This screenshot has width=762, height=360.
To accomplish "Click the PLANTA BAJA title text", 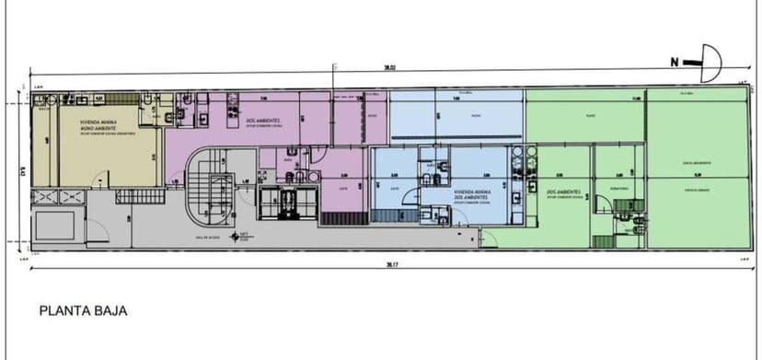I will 83,311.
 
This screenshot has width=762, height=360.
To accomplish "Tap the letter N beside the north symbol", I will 675,63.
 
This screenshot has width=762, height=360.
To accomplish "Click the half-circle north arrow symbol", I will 710,63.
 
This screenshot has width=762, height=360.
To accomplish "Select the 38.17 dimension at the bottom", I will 391,265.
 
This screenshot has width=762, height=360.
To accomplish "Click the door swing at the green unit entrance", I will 489,238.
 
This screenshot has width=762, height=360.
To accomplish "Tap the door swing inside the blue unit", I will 440,217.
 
